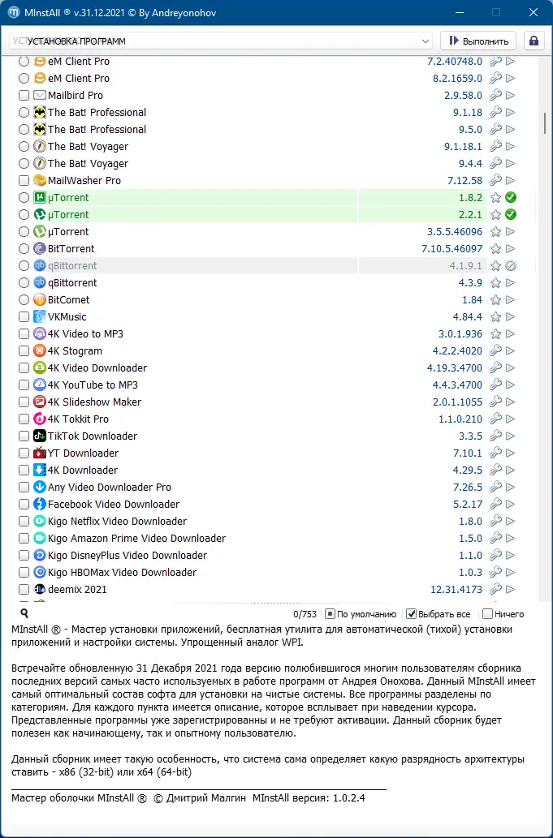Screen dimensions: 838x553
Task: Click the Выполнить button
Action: coord(478,41)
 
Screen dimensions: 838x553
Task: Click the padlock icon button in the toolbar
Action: coord(534,41)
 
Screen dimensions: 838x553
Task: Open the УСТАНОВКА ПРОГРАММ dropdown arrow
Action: coord(426,41)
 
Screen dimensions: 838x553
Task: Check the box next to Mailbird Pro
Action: coord(24,96)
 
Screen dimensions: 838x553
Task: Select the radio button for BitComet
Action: coord(24,300)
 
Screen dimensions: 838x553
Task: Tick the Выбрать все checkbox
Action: coord(412,614)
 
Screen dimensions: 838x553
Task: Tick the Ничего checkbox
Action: coord(487,614)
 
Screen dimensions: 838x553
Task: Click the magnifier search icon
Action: coord(24,614)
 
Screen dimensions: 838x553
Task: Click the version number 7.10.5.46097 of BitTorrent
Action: coord(451,249)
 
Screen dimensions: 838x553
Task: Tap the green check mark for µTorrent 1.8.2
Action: coord(511,198)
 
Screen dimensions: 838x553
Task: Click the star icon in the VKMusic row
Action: coord(495,317)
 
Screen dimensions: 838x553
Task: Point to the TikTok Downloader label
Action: coord(93,436)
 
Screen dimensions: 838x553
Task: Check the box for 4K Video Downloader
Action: coord(24,368)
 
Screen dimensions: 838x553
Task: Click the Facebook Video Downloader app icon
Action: coord(39,505)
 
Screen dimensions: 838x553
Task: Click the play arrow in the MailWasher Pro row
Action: coord(511,181)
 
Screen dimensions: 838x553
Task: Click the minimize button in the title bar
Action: coord(458,12)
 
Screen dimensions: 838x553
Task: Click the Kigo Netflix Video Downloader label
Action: coord(117,522)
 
